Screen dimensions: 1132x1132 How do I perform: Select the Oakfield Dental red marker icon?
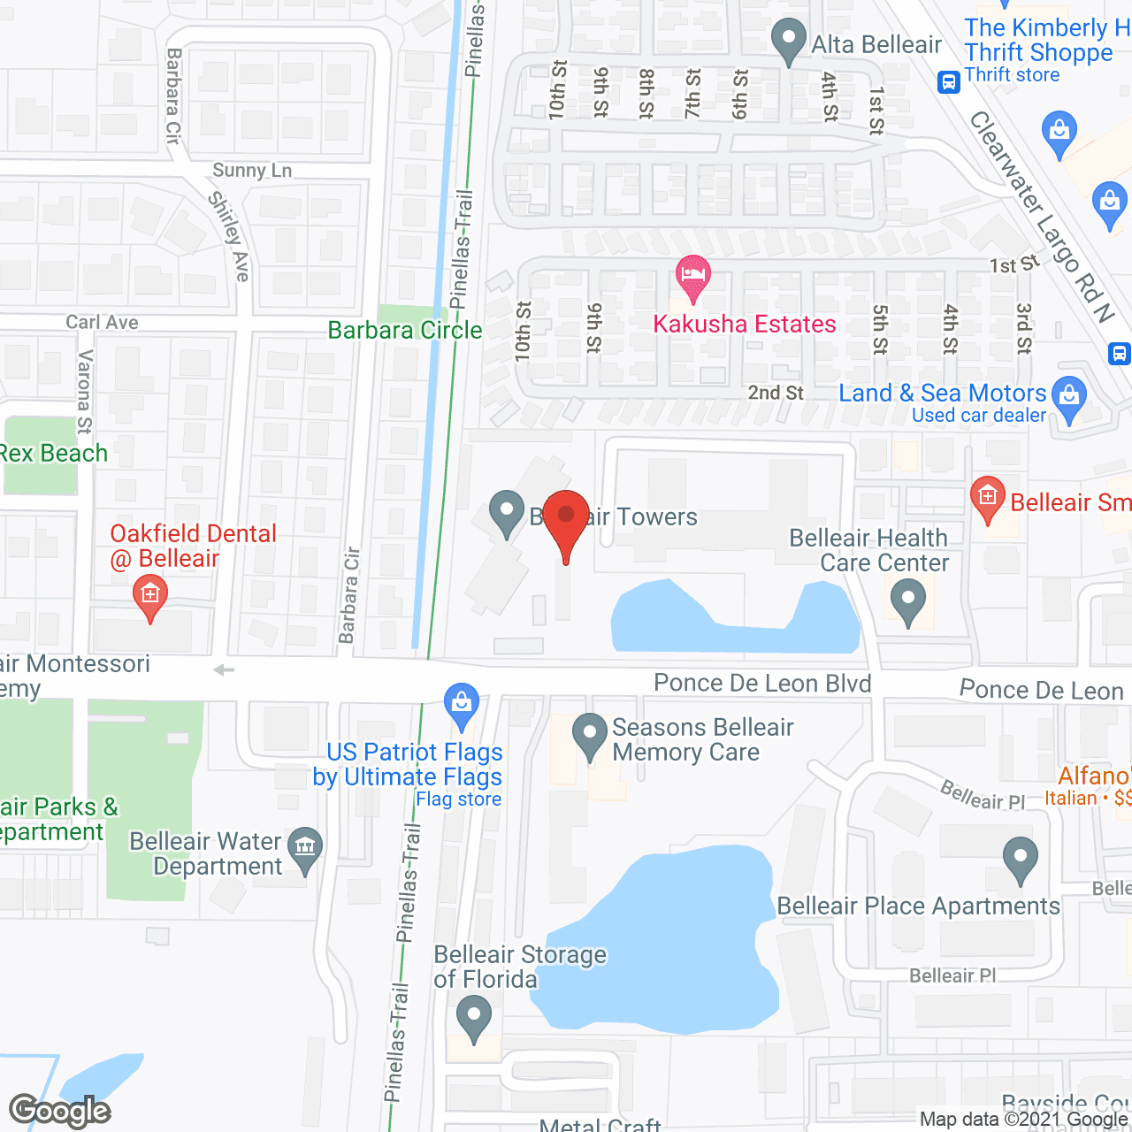[x=150, y=596]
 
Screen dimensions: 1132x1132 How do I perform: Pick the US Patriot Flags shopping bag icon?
[x=461, y=704]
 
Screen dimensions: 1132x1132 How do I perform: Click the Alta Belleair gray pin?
[x=787, y=41]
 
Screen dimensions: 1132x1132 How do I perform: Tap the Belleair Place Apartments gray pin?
[x=1021, y=859]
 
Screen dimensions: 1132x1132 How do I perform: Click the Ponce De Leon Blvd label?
[x=762, y=684]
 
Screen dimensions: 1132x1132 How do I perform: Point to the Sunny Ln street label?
[x=252, y=171]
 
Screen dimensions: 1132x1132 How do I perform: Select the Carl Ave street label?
[x=103, y=323]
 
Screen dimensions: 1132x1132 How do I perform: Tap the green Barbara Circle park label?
[x=405, y=331]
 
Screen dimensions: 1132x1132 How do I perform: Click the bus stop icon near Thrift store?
[x=949, y=82]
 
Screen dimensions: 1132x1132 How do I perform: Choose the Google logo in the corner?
[x=60, y=1111]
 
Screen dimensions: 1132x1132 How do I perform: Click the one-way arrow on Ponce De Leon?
[x=225, y=670]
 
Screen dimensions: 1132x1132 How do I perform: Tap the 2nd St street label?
[x=776, y=393]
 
